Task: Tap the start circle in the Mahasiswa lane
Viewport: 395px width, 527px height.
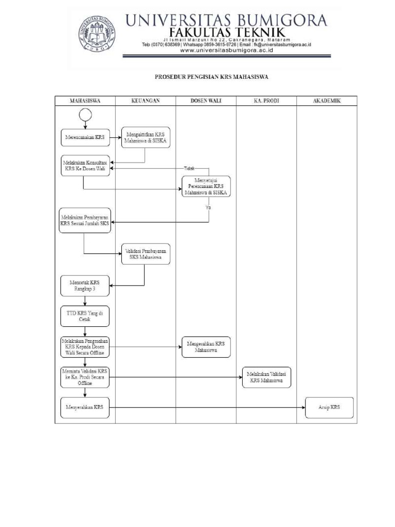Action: pos(85,115)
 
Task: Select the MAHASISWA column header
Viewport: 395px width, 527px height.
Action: pos(85,101)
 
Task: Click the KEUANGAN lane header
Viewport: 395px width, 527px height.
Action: pos(146,101)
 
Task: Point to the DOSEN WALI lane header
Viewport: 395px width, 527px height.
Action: pos(206,101)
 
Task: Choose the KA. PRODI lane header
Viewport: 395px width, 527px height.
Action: pos(266,101)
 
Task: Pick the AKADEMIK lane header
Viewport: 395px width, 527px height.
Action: pos(327,101)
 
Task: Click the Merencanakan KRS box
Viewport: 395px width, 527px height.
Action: pos(85,137)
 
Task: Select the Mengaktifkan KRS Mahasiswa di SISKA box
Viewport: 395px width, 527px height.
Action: pos(146,137)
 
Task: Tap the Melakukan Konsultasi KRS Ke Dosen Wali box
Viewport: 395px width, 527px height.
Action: pos(85,165)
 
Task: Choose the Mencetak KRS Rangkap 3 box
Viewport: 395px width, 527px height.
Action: pos(85,286)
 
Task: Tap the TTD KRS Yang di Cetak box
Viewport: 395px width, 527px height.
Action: pos(85,316)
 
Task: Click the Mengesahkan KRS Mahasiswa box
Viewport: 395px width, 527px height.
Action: pos(206,347)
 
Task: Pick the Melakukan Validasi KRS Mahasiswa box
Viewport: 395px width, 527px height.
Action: pos(266,377)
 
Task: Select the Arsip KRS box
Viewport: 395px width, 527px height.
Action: pos(329,407)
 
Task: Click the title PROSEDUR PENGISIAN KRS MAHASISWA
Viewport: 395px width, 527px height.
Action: pos(212,78)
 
